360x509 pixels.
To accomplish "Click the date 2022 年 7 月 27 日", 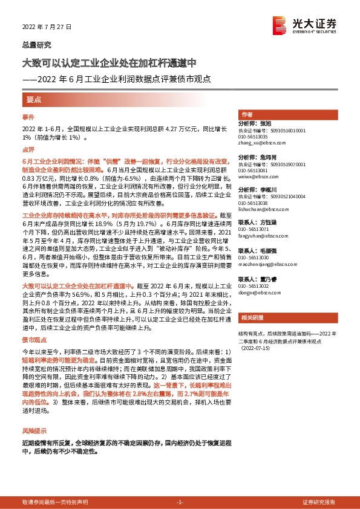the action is point(47,28).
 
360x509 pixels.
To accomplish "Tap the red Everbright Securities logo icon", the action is point(280,24).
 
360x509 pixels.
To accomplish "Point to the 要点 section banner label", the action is point(34,100).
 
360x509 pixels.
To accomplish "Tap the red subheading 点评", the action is point(29,149).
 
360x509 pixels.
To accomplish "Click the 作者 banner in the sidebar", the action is point(247,114).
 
